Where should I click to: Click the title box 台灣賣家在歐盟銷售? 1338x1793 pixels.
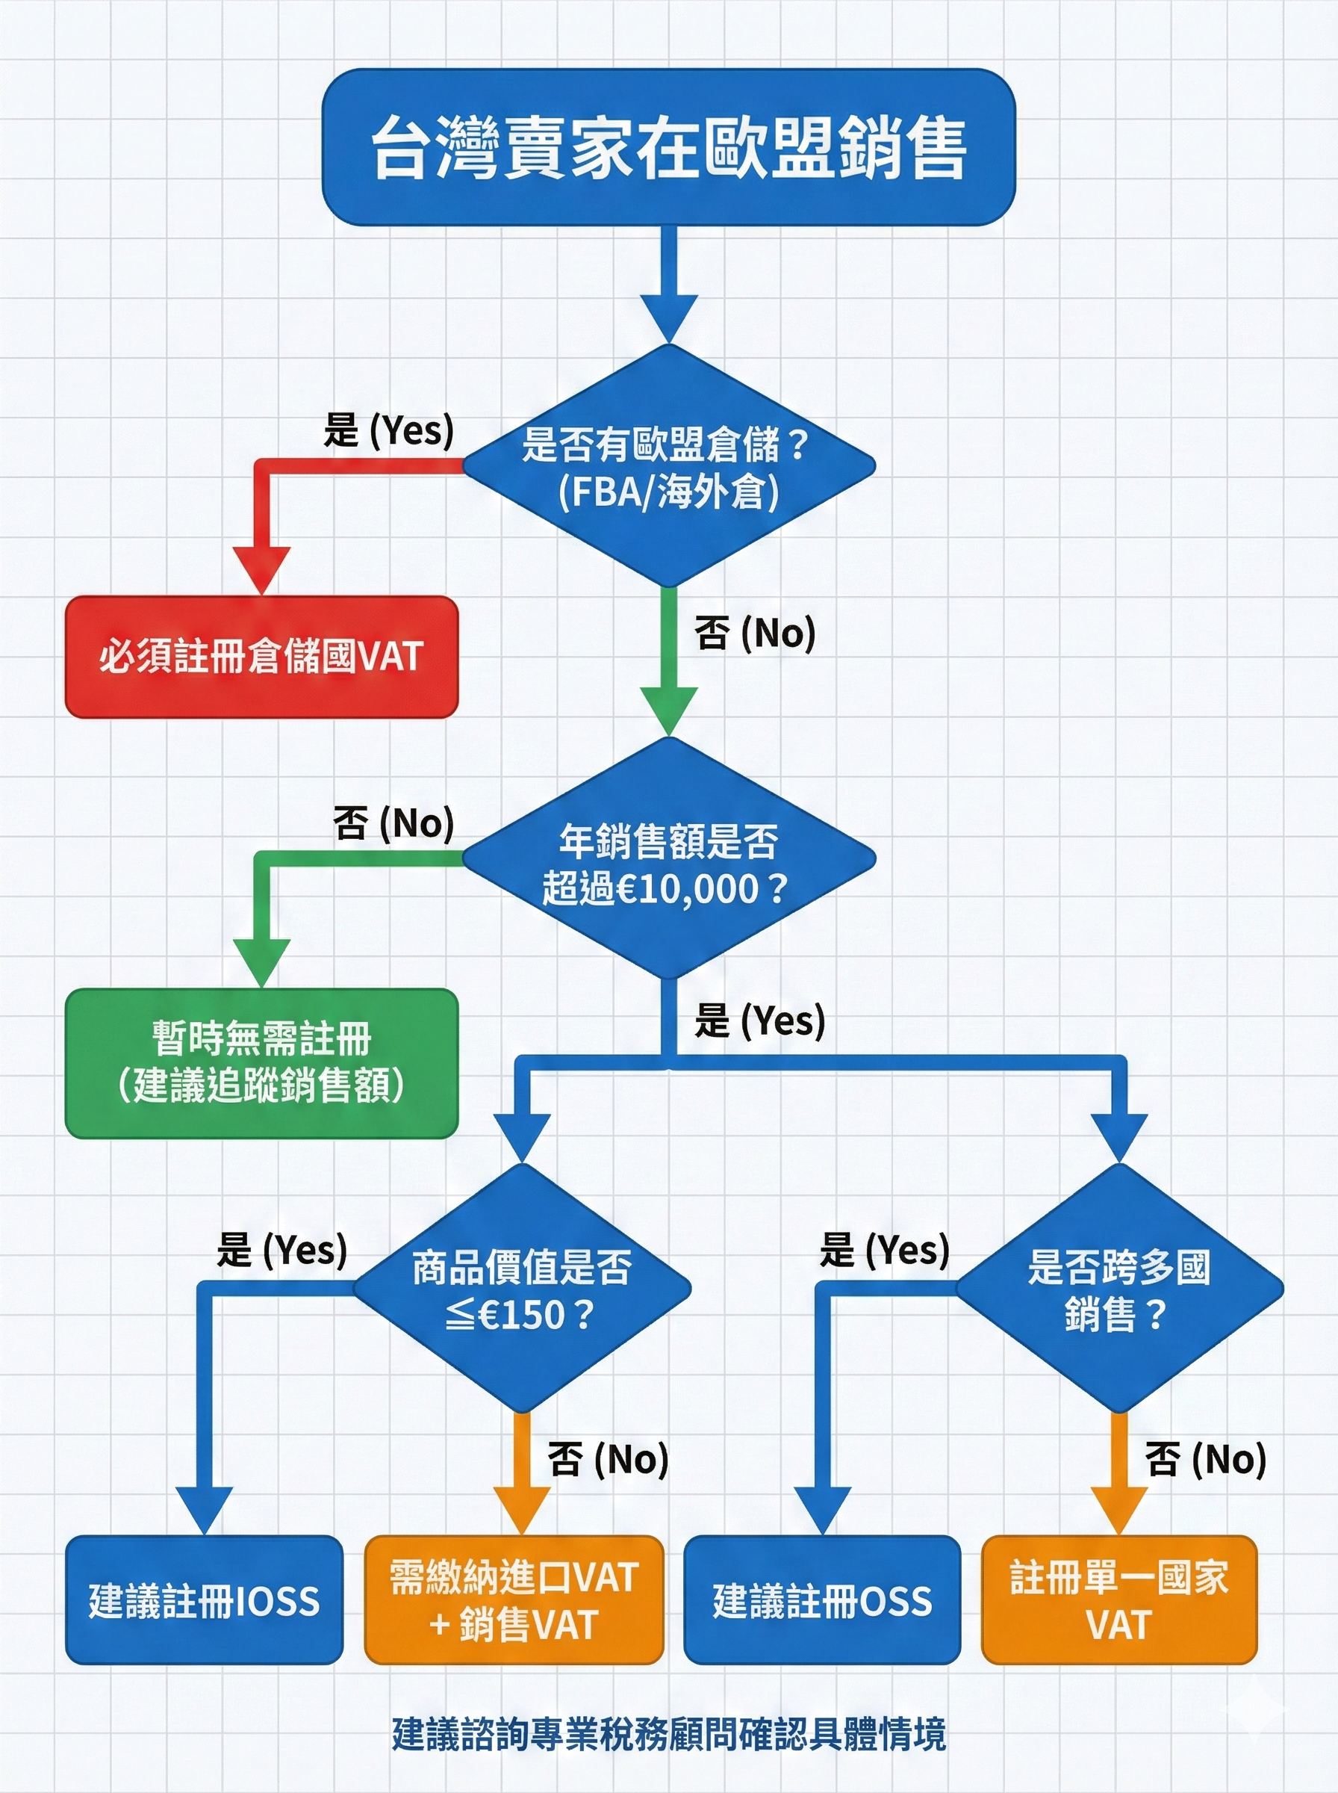668,146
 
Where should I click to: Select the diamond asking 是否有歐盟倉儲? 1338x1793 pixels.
668,467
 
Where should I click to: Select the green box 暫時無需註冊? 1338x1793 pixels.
261,1063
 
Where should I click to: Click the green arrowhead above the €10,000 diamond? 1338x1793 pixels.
668,710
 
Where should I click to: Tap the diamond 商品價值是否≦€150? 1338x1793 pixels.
522,1289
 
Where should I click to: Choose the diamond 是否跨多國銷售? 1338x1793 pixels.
1119,1289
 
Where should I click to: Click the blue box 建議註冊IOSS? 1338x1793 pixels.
204,1600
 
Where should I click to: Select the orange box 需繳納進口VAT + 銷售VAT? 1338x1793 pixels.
514,1600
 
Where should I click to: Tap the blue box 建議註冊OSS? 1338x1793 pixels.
822,1600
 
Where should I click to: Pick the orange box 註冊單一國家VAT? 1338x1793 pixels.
1119,1600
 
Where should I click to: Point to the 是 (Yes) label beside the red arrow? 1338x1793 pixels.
388,430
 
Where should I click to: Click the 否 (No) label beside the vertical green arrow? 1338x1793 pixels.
754,633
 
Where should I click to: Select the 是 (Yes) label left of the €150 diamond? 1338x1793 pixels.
281,1249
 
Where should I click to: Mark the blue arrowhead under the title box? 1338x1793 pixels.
668,318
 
